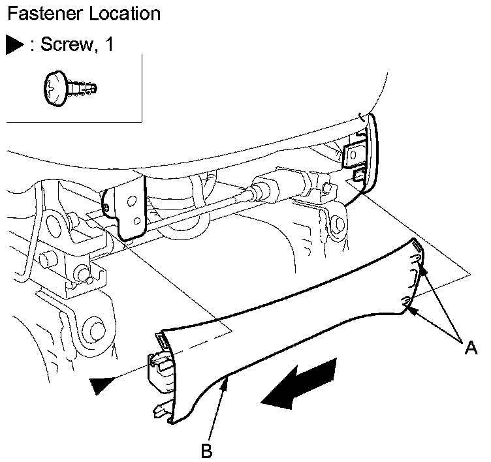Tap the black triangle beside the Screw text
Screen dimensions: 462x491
(x=15, y=45)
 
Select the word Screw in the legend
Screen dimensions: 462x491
(x=67, y=45)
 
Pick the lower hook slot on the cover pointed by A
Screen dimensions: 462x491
(x=406, y=301)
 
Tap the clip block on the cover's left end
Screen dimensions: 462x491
(x=162, y=370)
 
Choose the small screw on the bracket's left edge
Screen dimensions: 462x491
(x=106, y=210)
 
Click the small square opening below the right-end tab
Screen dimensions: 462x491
(x=358, y=175)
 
